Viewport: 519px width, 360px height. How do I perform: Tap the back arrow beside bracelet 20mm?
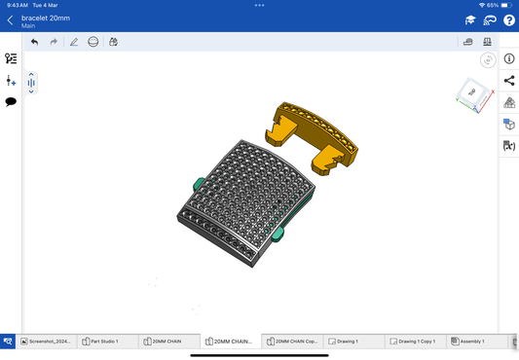[10, 20]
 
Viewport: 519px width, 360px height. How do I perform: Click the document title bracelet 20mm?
[46, 18]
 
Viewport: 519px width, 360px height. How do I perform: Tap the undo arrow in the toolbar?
[35, 42]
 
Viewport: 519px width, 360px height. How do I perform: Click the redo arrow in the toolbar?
[54, 42]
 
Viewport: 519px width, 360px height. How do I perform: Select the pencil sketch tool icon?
[74, 42]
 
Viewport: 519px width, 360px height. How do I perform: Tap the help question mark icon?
[508, 20]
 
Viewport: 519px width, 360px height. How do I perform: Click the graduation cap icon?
[470, 20]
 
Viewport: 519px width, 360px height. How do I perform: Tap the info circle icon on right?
[508, 59]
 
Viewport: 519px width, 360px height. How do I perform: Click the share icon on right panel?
[508, 81]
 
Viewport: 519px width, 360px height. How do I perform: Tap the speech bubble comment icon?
[11, 101]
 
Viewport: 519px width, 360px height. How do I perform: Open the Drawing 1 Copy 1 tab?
[413, 342]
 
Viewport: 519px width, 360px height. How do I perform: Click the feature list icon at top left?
[11, 59]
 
